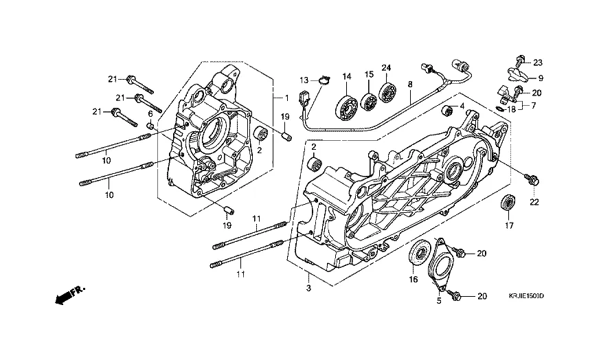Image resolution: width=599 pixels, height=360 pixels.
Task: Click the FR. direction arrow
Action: pos(70,295)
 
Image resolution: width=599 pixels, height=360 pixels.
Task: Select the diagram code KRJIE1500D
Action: pos(526,296)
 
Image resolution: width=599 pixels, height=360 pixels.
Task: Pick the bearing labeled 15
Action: pos(369,101)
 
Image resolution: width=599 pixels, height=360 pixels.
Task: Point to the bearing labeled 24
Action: pos(387,92)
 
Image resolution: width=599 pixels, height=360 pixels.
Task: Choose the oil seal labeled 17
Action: pos(508,202)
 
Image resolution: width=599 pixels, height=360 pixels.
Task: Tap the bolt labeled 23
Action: pos(519,60)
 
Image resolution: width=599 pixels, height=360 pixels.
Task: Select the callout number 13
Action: pos(304,80)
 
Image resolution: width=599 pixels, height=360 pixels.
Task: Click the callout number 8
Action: pos(410,85)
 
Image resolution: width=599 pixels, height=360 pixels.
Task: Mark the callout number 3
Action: pos(308,289)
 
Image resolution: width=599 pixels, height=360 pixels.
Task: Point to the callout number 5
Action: pos(439,301)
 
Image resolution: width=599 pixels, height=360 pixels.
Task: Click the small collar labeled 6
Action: pos(151,126)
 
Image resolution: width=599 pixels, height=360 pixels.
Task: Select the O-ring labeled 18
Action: pos(499,109)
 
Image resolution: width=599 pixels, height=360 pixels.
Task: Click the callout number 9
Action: pos(541,78)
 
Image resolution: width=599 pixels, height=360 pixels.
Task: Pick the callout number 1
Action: pos(286,98)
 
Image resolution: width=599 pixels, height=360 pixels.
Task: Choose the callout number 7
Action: pos(533,106)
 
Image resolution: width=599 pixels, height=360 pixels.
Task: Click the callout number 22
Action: pos(534,202)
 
